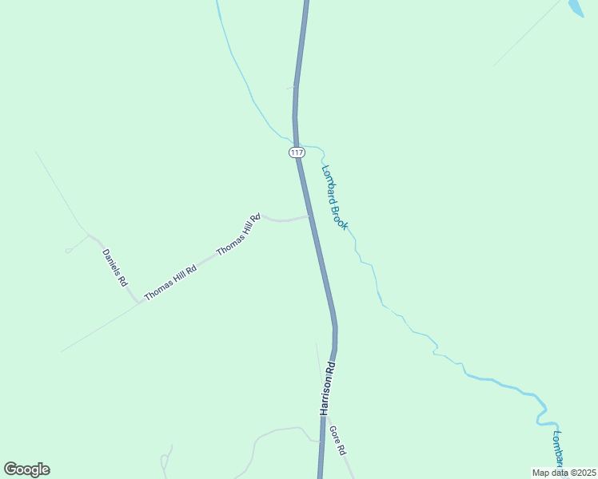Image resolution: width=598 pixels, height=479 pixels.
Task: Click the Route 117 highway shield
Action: pos(297,152)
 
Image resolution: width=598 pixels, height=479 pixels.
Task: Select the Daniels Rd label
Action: pos(114,268)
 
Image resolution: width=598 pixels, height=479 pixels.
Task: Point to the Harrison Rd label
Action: pos(327,389)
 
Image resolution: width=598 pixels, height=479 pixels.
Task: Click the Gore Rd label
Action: pos(337,440)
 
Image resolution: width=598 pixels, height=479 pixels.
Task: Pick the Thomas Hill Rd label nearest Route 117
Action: pos(238,235)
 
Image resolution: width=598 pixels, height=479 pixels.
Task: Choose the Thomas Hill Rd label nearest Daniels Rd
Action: pos(169,283)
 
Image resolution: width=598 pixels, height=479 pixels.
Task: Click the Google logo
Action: pos(26,469)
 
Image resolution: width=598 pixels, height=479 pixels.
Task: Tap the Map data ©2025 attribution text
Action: pos(564,473)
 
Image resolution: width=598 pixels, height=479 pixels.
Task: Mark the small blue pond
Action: pos(575,8)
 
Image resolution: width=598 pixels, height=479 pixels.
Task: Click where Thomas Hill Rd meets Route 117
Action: pos(310,216)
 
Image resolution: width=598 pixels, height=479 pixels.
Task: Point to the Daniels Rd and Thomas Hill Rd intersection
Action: pos(138,303)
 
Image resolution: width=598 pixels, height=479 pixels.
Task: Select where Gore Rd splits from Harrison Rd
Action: pos(325,415)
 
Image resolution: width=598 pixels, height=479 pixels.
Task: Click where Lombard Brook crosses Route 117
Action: pos(297,141)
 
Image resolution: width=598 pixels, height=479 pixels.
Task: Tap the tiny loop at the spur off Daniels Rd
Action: pos(69,250)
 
